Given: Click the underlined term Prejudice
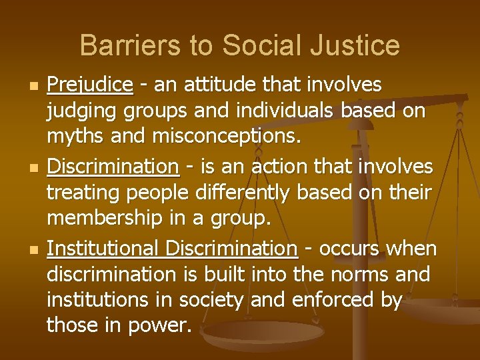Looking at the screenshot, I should [x=90, y=85].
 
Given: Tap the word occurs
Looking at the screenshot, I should [x=349, y=249].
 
